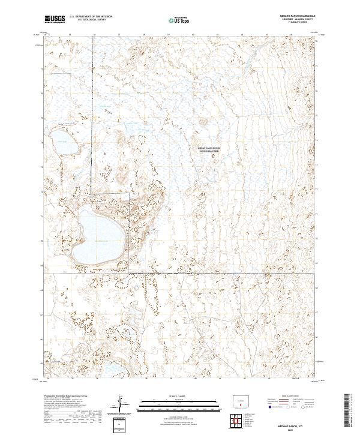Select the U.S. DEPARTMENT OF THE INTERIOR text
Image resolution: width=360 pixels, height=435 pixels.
coord(91,17)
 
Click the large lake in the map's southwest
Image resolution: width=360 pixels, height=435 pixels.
coord(97,233)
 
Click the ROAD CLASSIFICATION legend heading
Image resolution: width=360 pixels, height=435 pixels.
coord(294,397)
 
